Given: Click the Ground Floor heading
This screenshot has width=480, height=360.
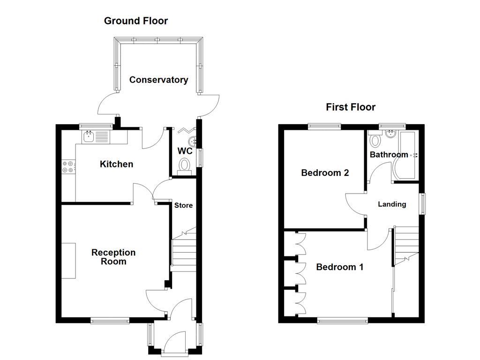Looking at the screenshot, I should click(x=135, y=21).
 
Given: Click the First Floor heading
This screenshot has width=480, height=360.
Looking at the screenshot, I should click(x=351, y=107).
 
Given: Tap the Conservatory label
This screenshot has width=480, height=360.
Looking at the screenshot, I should click(x=158, y=80).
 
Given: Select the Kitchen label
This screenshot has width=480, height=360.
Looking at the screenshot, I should click(x=116, y=164).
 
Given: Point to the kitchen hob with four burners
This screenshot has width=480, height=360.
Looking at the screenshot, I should click(x=68, y=167).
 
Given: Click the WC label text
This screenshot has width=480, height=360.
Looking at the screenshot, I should click(x=185, y=151).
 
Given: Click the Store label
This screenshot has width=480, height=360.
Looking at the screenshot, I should click(x=183, y=205).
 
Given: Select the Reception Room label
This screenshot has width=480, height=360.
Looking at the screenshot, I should click(x=113, y=257).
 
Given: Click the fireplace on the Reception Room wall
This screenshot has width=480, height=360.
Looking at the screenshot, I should click(x=68, y=261).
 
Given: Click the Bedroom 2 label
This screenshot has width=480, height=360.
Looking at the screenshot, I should click(x=325, y=173).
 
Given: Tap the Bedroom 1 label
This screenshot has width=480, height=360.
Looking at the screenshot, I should click(x=340, y=267).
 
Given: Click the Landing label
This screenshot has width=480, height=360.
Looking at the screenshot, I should click(x=392, y=204).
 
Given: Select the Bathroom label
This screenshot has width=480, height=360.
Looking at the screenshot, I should click(x=389, y=155).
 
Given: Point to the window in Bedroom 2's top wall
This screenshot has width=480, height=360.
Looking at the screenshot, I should click(x=324, y=126).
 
